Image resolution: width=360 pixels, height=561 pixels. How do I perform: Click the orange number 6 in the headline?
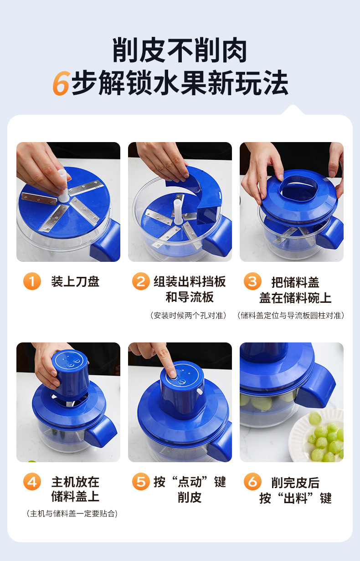point(62,83)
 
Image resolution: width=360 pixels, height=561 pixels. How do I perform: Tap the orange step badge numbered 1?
point(32,281)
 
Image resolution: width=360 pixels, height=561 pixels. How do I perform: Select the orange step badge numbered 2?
point(141,281)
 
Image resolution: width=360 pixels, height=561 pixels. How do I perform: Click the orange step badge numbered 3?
point(252,281)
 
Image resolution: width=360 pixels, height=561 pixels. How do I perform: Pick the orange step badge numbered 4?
point(32,481)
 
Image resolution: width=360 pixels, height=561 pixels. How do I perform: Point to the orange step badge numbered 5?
point(141,481)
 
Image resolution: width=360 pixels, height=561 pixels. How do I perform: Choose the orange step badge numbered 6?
point(252,481)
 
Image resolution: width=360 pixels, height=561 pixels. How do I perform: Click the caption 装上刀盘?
point(75,281)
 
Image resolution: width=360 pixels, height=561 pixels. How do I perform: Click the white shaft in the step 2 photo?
point(177,212)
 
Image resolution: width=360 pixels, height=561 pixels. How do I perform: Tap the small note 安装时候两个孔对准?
point(188,315)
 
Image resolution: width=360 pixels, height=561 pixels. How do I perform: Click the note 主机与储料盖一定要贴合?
point(72,514)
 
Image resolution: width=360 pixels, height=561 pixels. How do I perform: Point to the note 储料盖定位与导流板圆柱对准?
point(291,315)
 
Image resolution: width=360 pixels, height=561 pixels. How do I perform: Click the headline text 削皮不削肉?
point(180,50)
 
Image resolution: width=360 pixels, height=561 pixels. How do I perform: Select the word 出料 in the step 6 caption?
point(296,498)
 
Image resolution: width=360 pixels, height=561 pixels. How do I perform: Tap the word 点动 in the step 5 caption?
point(190,482)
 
